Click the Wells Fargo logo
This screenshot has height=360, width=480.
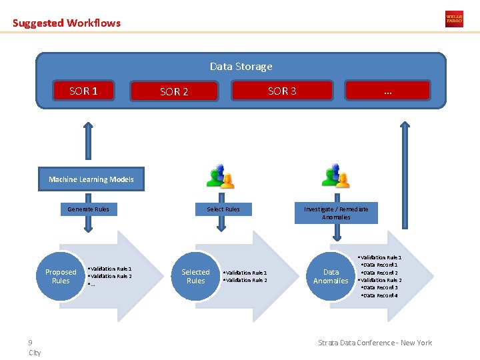tap(454, 19)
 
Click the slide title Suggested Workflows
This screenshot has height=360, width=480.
tap(67, 23)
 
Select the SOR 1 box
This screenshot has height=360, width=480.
tap(84, 91)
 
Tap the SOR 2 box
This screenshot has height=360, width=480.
tap(175, 91)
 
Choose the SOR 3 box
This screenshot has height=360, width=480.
tap(282, 91)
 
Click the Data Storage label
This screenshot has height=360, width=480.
tap(241, 67)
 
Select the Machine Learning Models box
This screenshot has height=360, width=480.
tap(91, 179)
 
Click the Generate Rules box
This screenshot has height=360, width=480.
tap(88, 209)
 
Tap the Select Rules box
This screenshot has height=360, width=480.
tap(223, 209)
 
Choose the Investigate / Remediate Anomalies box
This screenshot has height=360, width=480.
tap(336, 213)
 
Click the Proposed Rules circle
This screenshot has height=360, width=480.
tap(61, 276)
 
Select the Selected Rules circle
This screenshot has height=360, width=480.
tap(195, 276)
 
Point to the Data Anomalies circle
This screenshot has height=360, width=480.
tap(331, 276)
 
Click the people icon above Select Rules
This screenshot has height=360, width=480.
tap(221, 177)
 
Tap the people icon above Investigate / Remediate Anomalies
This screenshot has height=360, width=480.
tap(335, 177)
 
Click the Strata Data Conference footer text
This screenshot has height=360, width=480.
tap(375, 343)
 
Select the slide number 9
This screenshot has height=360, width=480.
tap(31, 343)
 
